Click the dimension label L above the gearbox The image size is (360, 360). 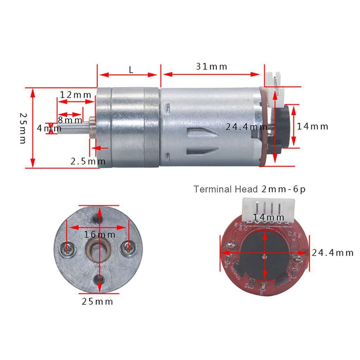(x=131, y=70)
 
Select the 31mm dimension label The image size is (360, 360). (x=212, y=66)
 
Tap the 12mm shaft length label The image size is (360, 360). (x=75, y=95)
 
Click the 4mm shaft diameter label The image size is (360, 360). (x=44, y=128)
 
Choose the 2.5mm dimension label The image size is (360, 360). (x=88, y=161)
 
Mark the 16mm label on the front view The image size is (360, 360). (x=99, y=234)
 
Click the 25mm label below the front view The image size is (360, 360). (x=97, y=301)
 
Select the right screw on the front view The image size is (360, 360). (x=127, y=249)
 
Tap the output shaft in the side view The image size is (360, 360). (x=72, y=129)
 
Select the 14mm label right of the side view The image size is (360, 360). (x=313, y=127)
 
